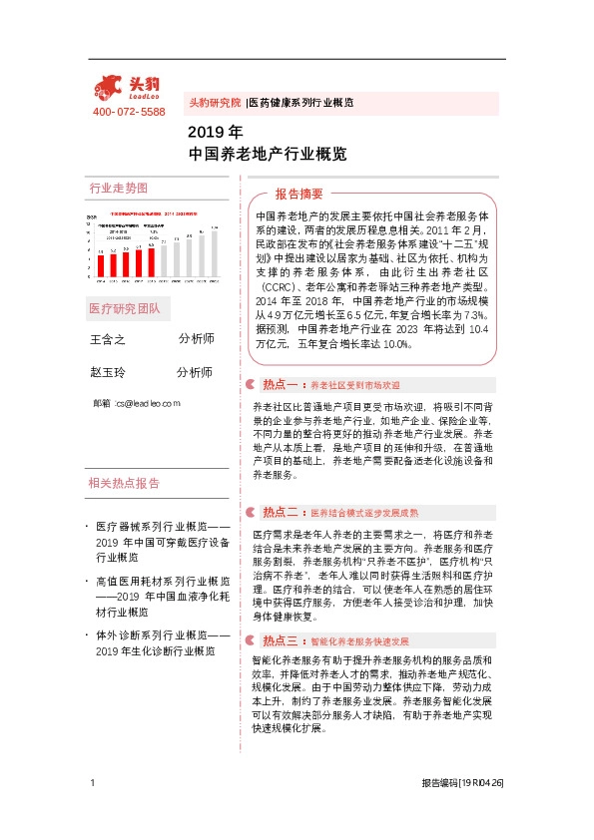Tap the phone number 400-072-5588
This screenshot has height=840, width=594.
pyautogui.click(x=128, y=113)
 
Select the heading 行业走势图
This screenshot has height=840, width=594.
pyautogui.click(x=118, y=189)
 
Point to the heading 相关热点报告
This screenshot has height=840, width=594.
pyautogui.click(x=124, y=484)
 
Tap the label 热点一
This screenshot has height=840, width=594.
pyautogui.click(x=281, y=384)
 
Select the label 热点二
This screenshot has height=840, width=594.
pyautogui.click(x=281, y=513)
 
